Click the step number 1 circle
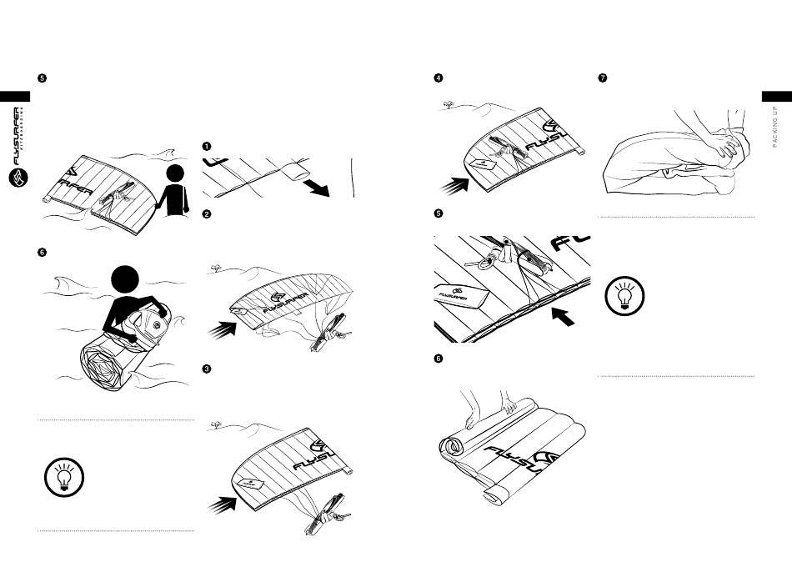tap(207, 146)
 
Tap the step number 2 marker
tap(207, 213)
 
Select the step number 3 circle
tap(207, 369)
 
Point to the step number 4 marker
tap(438, 78)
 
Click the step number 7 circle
tap(603, 78)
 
